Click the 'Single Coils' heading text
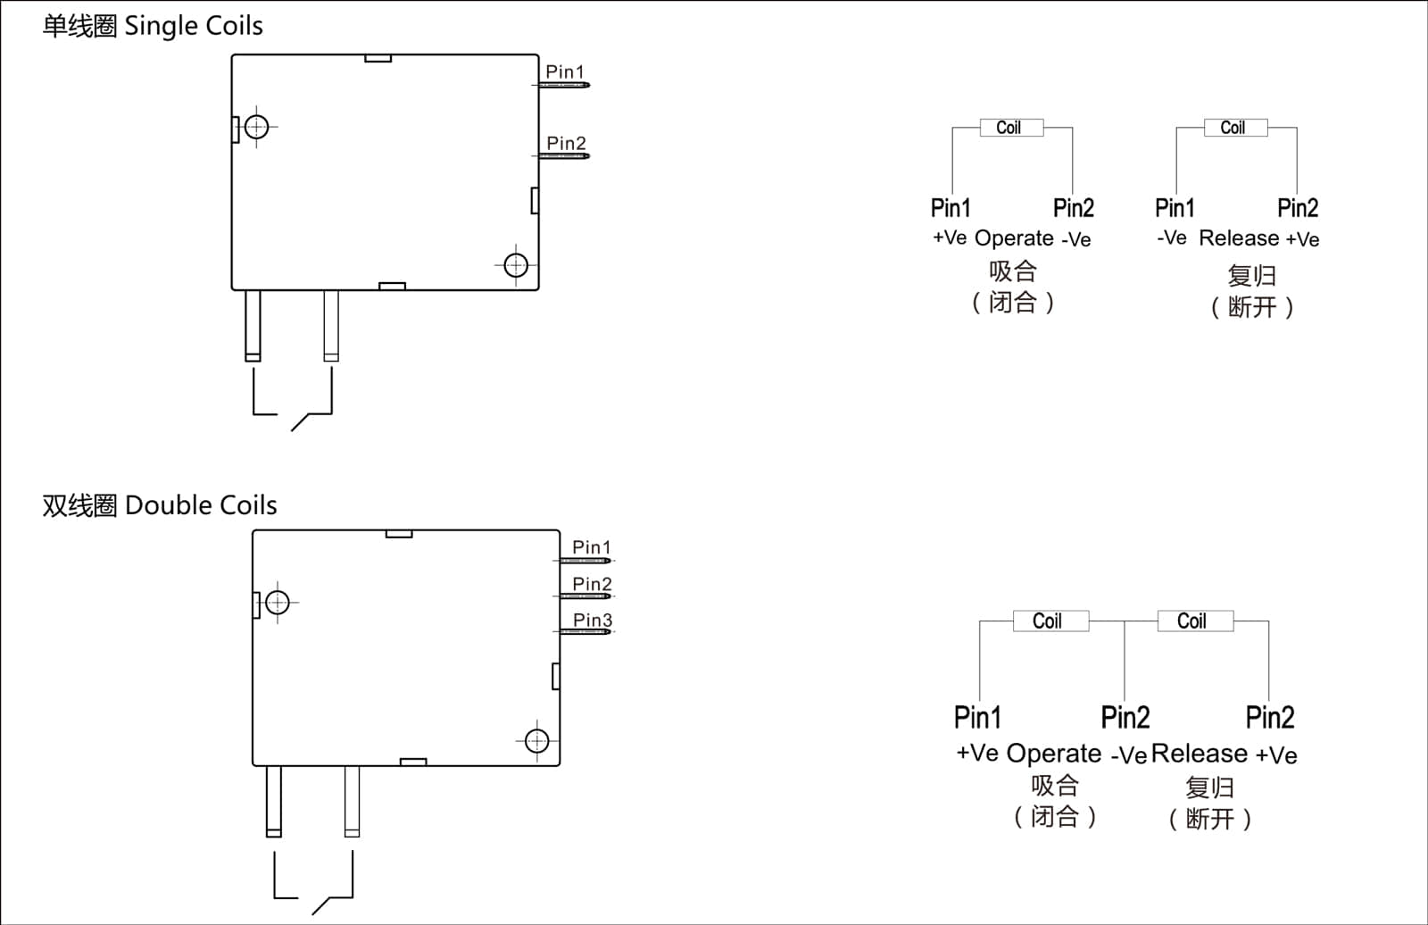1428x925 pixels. [193, 26]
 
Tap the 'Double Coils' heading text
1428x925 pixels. [201, 505]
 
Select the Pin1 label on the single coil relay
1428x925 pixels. [565, 71]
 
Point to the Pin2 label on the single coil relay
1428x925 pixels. [566, 143]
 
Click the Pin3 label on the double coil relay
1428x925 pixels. [593, 620]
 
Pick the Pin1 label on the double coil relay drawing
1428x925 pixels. [592, 546]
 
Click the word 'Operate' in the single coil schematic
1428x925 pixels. [1014, 238]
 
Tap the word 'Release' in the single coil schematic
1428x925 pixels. [1239, 238]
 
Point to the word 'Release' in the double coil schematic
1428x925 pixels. [1200, 754]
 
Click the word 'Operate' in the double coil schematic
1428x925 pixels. [1053, 754]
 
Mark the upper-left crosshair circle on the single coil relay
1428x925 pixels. [257, 127]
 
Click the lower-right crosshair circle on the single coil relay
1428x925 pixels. [516, 265]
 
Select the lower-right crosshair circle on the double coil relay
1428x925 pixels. [536, 741]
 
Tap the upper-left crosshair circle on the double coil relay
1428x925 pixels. [278, 603]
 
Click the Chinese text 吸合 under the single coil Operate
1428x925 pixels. [1013, 271]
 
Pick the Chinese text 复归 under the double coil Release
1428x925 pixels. [1209, 787]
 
